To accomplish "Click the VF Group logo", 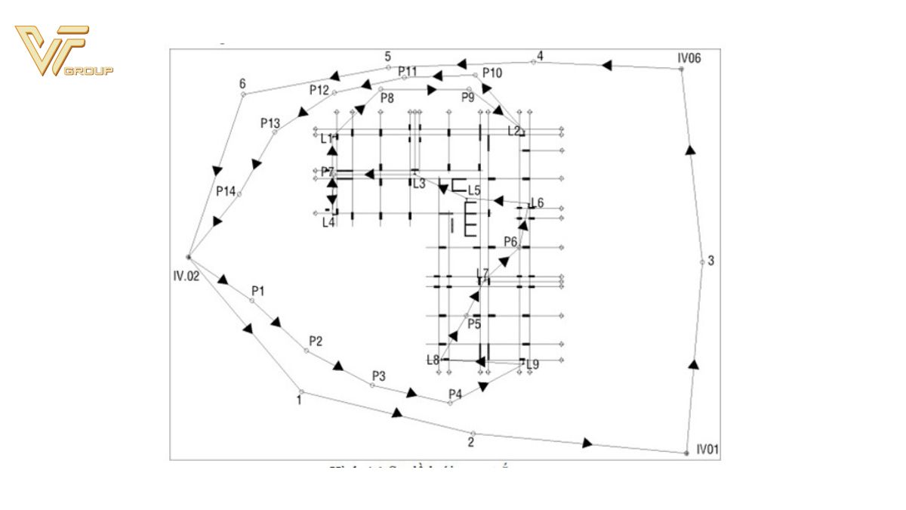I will pyautogui.click(x=63, y=51).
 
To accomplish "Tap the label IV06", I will pyautogui.click(x=690, y=57).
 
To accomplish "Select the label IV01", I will pyautogui.click(x=707, y=450).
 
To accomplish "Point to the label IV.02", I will pyautogui.click(x=186, y=277).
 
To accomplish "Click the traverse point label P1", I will pyautogui.click(x=258, y=291).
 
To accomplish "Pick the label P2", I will pyautogui.click(x=316, y=341).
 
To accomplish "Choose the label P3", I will pyautogui.click(x=379, y=376).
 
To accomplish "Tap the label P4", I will pyautogui.click(x=455, y=394).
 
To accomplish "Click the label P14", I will pyautogui.click(x=226, y=191).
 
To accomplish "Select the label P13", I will pyautogui.click(x=270, y=122).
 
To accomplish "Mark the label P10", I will pyautogui.click(x=492, y=73).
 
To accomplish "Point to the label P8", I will pyautogui.click(x=387, y=98).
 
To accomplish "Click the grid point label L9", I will pyautogui.click(x=533, y=364).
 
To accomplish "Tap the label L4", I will pyautogui.click(x=328, y=221).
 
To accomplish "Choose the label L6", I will pyautogui.click(x=537, y=202).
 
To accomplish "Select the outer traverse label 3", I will pyautogui.click(x=711, y=261).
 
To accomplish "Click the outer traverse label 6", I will pyautogui.click(x=242, y=83).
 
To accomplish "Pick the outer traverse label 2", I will pyautogui.click(x=471, y=442).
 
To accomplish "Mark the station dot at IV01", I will pyautogui.click(x=686, y=453).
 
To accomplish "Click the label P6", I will pyautogui.click(x=510, y=242).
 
